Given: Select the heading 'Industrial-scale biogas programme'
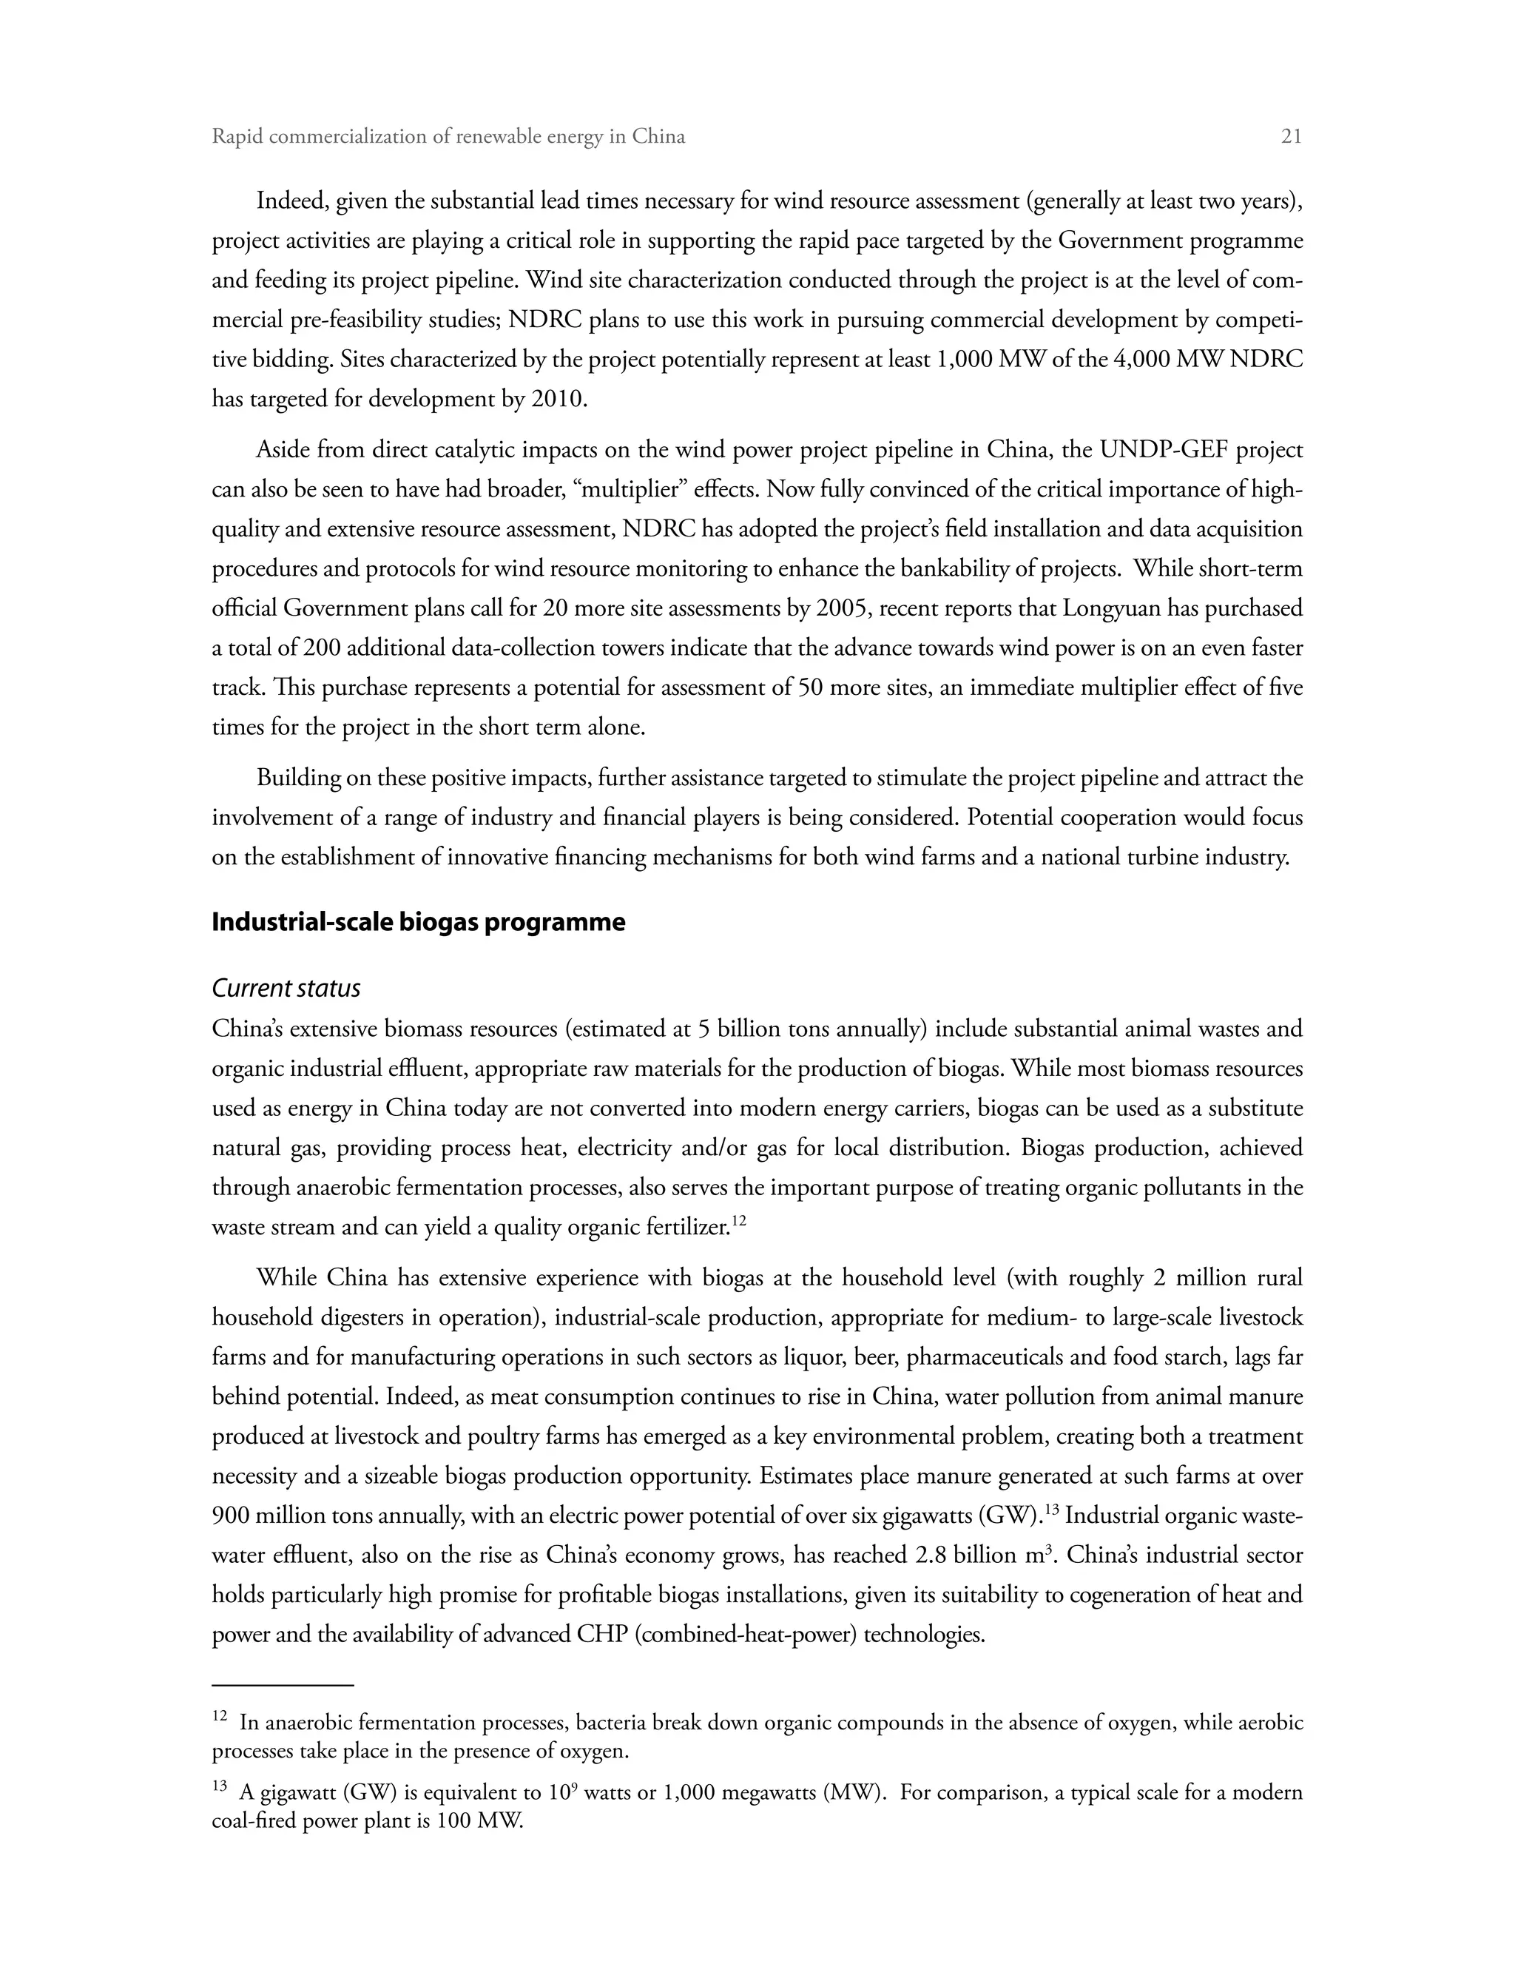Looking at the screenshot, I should pos(418,923).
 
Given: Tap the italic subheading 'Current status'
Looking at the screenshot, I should pos(286,989).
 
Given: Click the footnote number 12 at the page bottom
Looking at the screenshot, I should pos(220,1718).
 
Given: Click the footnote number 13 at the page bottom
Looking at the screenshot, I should pos(220,1788).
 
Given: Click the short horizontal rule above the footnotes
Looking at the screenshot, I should pos(283,1685).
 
